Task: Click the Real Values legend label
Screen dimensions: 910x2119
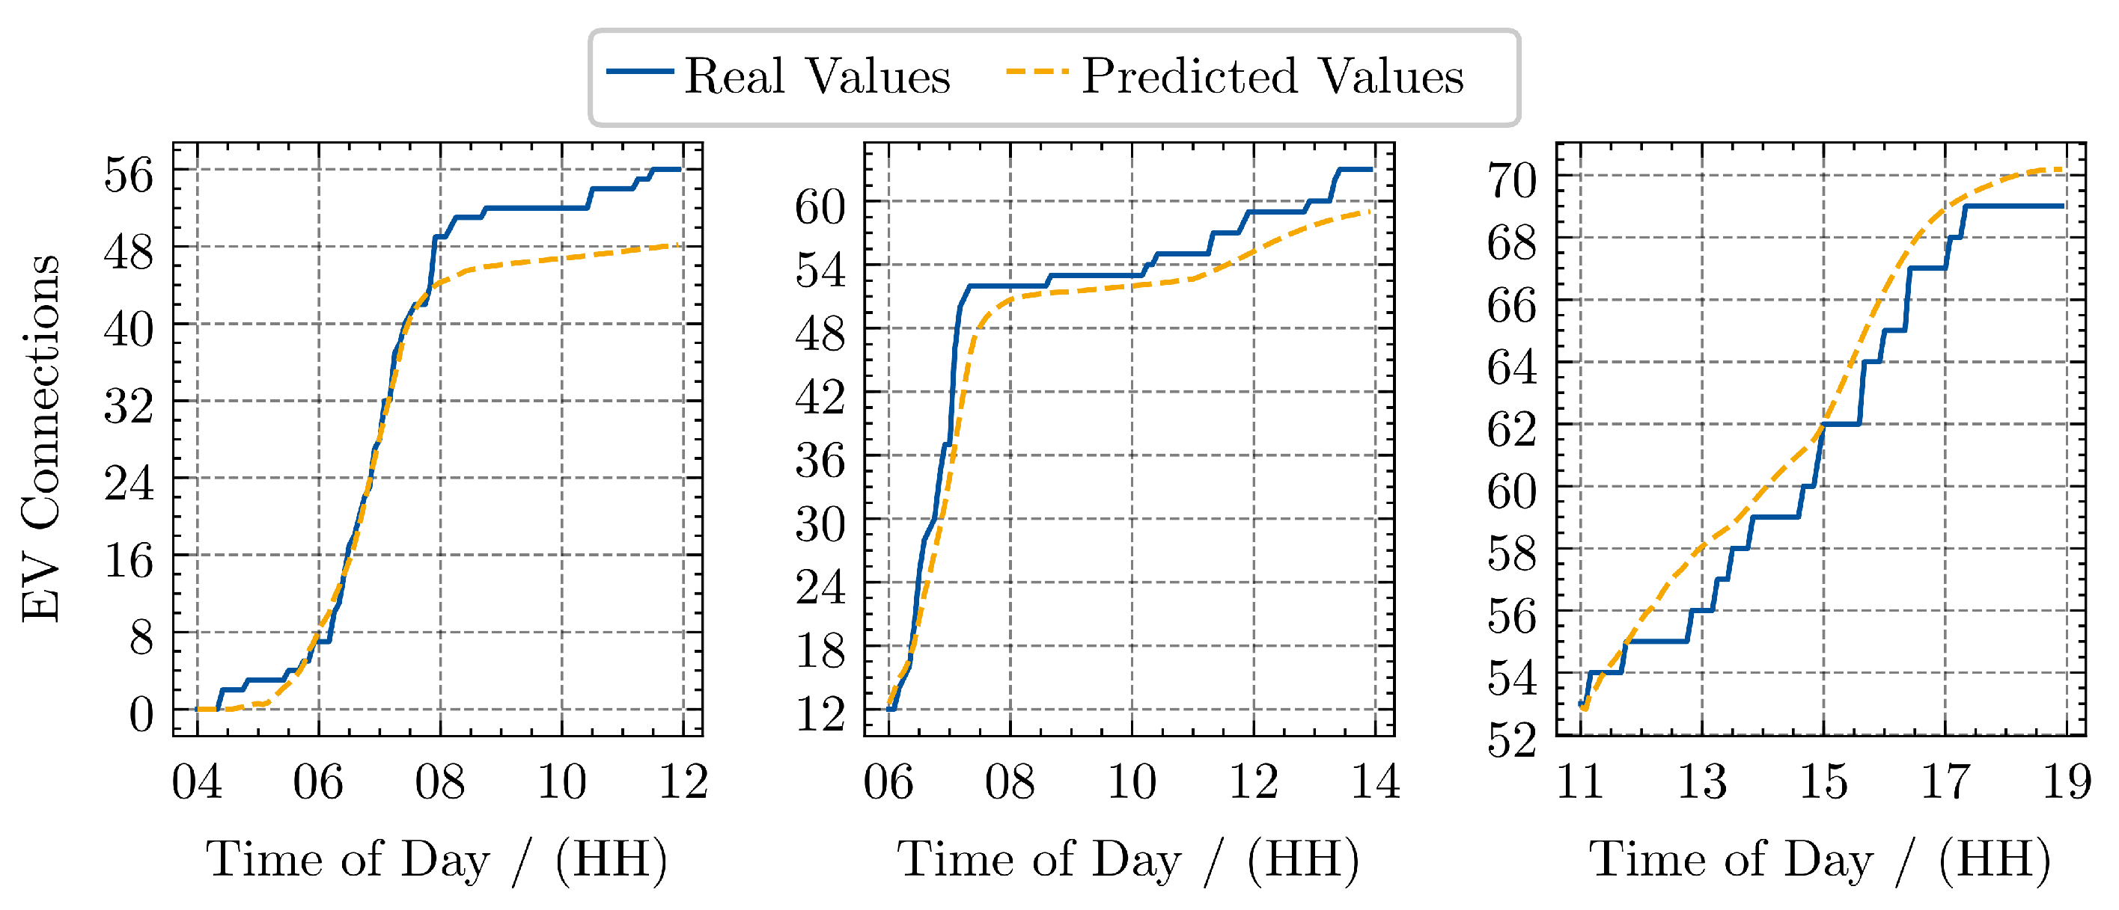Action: pos(817,76)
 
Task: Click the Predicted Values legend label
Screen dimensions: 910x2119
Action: pos(1272,76)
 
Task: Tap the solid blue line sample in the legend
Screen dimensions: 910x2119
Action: pos(640,73)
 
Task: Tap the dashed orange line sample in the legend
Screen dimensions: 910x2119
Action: pos(1037,73)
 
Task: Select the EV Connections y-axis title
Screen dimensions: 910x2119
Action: pos(41,438)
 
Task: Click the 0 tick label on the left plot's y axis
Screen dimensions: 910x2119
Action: pos(141,714)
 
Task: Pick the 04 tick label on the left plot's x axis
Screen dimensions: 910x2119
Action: pos(197,781)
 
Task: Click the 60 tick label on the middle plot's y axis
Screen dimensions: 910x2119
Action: pos(820,206)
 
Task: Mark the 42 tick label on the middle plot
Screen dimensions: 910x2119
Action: pos(820,397)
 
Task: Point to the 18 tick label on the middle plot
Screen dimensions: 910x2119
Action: pos(820,651)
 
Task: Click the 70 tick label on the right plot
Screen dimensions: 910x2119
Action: pos(1512,180)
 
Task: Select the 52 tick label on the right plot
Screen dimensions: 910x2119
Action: pos(1512,740)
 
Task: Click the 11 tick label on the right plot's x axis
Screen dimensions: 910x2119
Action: pos(1579,781)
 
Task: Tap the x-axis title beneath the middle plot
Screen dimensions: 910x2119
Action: pos(1128,860)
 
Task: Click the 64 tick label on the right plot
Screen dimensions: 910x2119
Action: pos(1512,366)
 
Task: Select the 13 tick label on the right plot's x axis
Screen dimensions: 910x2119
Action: pos(1702,781)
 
